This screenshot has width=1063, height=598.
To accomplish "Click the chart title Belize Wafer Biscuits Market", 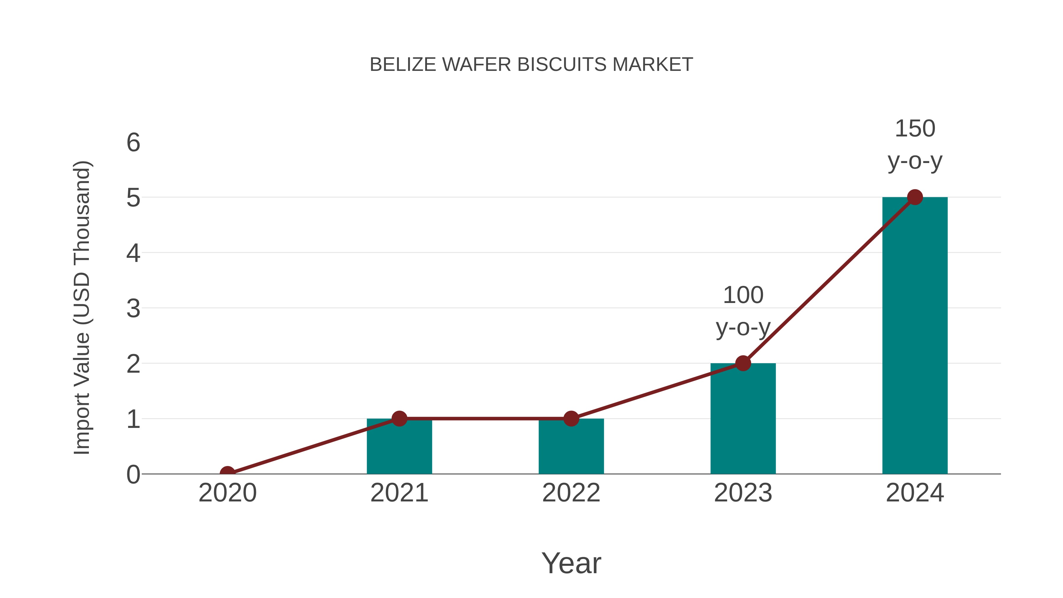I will (x=531, y=65).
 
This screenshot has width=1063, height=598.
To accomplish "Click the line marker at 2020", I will (x=227, y=473).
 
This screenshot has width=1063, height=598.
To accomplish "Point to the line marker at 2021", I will (x=399, y=418).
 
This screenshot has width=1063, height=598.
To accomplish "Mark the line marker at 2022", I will (x=571, y=418).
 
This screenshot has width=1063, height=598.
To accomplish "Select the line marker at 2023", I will (x=743, y=363).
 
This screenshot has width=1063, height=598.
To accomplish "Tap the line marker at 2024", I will (x=914, y=197).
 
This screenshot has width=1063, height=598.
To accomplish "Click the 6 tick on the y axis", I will (x=133, y=143).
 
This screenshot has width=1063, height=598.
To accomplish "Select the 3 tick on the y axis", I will (x=133, y=309).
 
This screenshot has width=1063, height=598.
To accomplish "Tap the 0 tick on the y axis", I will (x=133, y=475).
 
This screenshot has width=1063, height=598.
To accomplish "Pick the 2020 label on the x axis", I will (x=227, y=493).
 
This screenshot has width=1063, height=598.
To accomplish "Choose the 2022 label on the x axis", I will (x=571, y=493).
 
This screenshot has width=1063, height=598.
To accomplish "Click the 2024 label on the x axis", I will (x=914, y=493).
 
